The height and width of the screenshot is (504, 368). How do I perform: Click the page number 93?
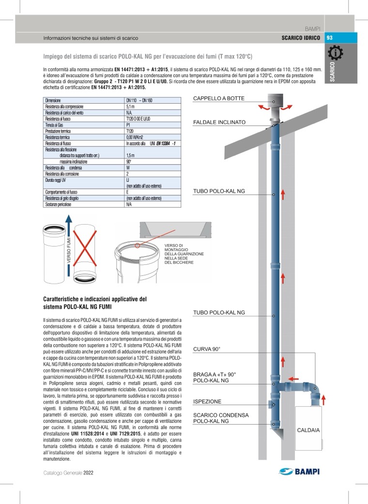(x=330, y=38)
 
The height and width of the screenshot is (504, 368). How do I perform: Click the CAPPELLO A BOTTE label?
(x=219, y=99)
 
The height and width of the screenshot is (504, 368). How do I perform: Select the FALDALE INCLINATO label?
(x=219, y=122)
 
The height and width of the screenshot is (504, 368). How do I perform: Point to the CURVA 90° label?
(x=207, y=349)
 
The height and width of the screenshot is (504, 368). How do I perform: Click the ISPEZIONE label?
(x=207, y=401)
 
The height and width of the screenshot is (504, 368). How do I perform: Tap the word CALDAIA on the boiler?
(x=308, y=429)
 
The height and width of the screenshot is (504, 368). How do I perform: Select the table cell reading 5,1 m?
(x=130, y=106)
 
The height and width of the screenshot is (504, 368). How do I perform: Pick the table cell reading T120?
(x=129, y=131)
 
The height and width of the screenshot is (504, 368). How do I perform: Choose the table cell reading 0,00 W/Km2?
(x=136, y=137)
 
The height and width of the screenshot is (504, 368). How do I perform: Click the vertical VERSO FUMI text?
(x=69, y=254)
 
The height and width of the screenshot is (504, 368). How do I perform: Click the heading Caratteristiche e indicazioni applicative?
(x=94, y=303)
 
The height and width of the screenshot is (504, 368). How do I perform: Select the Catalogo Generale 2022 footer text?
(x=67, y=472)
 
